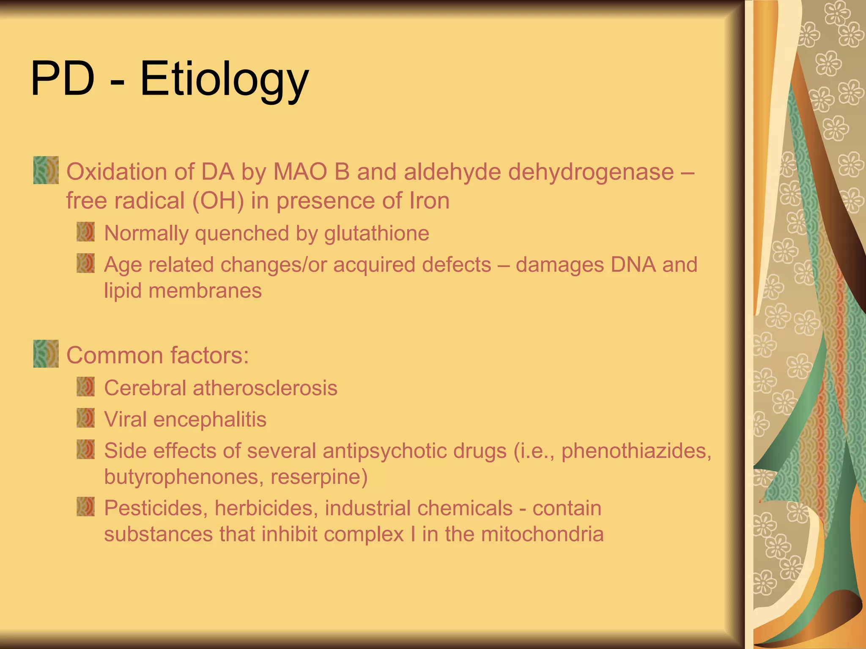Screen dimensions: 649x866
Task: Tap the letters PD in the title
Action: pyautogui.click(x=63, y=79)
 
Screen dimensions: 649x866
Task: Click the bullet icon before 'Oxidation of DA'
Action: pyautogui.click(x=46, y=170)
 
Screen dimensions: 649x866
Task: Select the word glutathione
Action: pyautogui.click(x=376, y=233)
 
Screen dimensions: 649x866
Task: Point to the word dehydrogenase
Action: pyautogui.click(x=591, y=172)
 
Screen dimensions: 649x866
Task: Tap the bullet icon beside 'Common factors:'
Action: pyautogui.click(x=46, y=354)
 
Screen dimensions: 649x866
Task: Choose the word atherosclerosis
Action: pyautogui.click(x=265, y=388)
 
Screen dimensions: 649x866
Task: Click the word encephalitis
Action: pyautogui.click(x=210, y=420)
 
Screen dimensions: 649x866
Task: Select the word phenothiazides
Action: pyautogui.click(x=636, y=451)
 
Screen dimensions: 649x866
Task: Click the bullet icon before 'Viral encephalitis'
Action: pyautogui.click(x=85, y=418)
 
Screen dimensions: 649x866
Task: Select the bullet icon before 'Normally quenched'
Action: pyautogui.click(x=85, y=232)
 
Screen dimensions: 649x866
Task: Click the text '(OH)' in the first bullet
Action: pyautogui.click(x=218, y=201)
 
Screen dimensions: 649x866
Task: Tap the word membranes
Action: pyautogui.click(x=205, y=291)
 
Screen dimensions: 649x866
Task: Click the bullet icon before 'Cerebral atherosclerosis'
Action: pyautogui.click(x=85, y=387)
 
